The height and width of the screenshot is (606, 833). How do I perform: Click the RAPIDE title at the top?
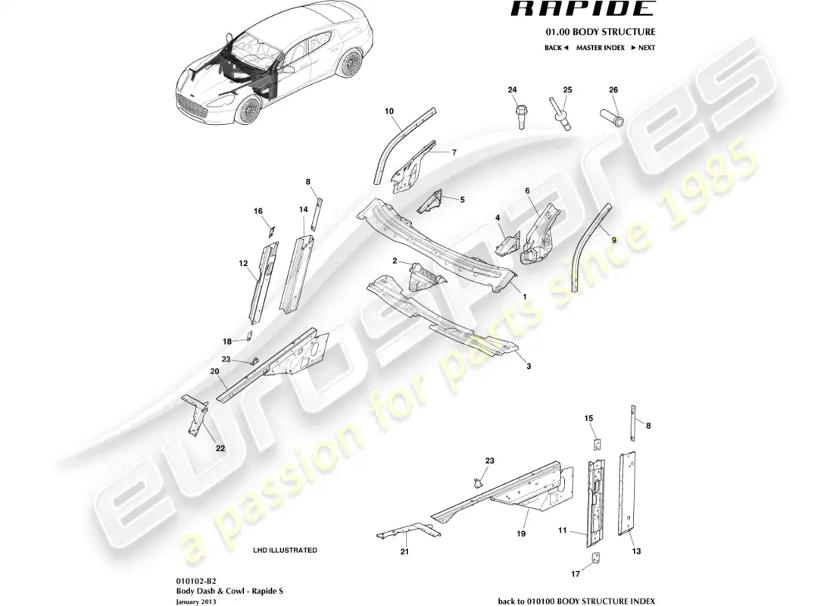click(x=583, y=8)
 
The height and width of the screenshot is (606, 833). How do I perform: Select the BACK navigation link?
click(x=557, y=48)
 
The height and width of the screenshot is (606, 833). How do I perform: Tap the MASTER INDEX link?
click(x=601, y=48)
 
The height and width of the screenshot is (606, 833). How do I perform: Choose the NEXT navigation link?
click(x=643, y=48)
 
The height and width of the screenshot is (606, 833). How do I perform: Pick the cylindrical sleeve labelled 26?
click(x=612, y=117)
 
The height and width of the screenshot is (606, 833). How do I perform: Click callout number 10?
click(x=389, y=111)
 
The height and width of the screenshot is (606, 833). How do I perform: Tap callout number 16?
click(x=258, y=211)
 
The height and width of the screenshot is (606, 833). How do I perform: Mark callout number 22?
click(x=220, y=448)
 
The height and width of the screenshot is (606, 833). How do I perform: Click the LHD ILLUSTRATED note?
click(x=285, y=550)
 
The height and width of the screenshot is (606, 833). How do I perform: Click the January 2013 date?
click(x=195, y=601)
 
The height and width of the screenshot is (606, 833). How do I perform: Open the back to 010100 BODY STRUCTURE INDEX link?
click(x=576, y=601)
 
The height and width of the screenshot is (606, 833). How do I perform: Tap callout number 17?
click(x=576, y=573)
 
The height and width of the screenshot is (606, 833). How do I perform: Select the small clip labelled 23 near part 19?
click(x=476, y=482)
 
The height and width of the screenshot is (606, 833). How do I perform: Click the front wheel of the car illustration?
click(x=247, y=111)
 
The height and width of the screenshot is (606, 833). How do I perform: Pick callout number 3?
click(x=529, y=367)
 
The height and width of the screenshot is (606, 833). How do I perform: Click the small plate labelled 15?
click(x=597, y=444)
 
